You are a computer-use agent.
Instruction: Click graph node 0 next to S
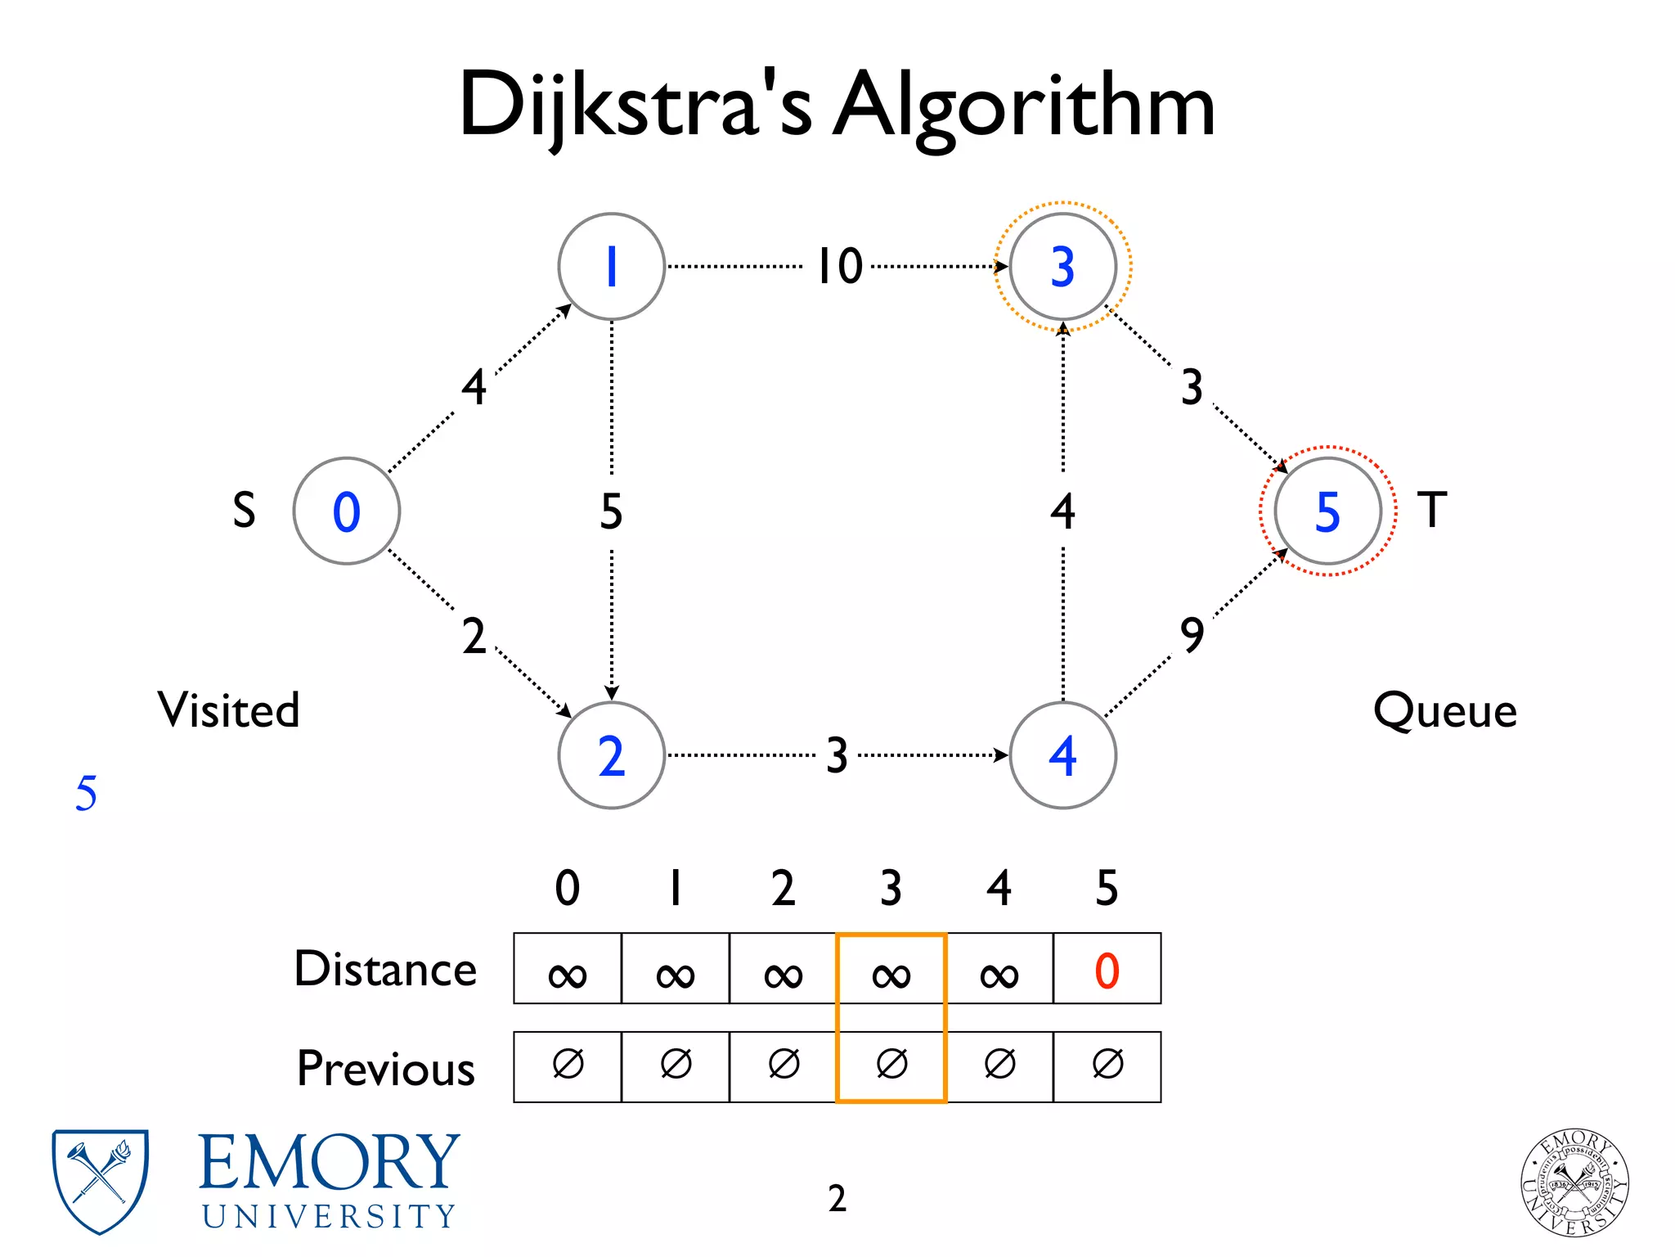(346, 511)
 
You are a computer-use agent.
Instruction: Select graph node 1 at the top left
(611, 266)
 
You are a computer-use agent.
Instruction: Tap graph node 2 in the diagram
(611, 755)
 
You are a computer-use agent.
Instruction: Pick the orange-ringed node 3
(1062, 266)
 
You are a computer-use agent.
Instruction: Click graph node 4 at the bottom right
(1062, 755)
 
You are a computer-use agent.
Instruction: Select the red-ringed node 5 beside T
(1327, 511)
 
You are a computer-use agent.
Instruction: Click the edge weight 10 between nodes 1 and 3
(840, 266)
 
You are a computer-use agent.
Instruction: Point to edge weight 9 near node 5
(1192, 634)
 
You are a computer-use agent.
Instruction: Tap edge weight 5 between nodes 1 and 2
(611, 511)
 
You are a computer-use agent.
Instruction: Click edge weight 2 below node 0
(474, 636)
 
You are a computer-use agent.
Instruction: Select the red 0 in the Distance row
(1107, 971)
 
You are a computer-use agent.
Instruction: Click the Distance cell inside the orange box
(891, 971)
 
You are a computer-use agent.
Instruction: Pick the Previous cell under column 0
(568, 1066)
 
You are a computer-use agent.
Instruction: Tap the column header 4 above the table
(999, 888)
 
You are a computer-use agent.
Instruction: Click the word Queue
(1444, 710)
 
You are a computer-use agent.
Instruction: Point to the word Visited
(228, 710)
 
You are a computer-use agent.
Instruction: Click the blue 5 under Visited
(86, 793)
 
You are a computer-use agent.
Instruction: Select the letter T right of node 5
(1431, 510)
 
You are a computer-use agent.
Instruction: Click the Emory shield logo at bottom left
(100, 1180)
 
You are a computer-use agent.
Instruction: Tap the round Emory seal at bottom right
(1574, 1183)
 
